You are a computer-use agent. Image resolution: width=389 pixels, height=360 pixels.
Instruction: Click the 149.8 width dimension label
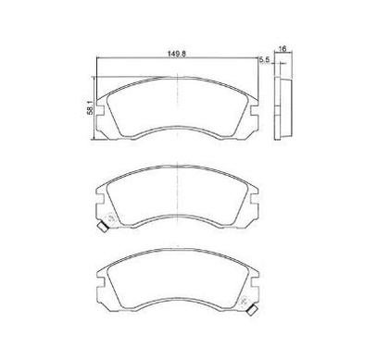[x=177, y=54]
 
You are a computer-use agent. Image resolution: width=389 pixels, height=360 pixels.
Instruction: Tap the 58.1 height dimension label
[x=90, y=107]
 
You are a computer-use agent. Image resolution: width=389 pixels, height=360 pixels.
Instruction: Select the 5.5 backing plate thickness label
[x=264, y=60]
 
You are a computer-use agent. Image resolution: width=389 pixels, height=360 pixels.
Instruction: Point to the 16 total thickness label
[x=282, y=48]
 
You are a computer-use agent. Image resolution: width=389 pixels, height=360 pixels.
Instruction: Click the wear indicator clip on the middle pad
[x=103, y=228]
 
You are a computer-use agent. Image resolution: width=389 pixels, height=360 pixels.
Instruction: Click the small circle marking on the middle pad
[x=109, y=218]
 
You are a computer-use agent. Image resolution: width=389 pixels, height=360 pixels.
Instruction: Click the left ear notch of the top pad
[x=99, y=111]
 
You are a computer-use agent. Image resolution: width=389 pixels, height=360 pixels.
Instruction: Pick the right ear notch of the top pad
[x=255, y=111]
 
